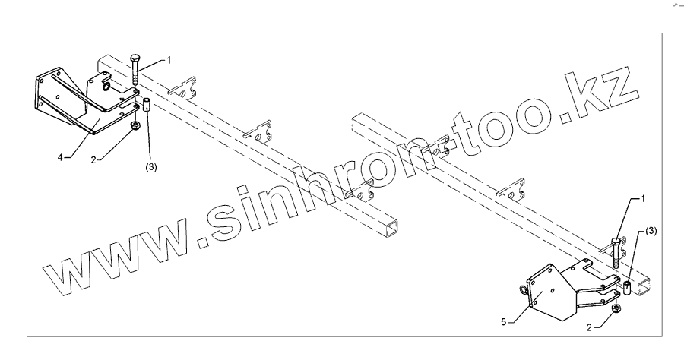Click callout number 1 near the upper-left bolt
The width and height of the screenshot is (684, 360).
169,58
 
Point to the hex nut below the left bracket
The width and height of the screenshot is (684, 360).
135,127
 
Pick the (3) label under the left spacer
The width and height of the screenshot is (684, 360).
150,167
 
